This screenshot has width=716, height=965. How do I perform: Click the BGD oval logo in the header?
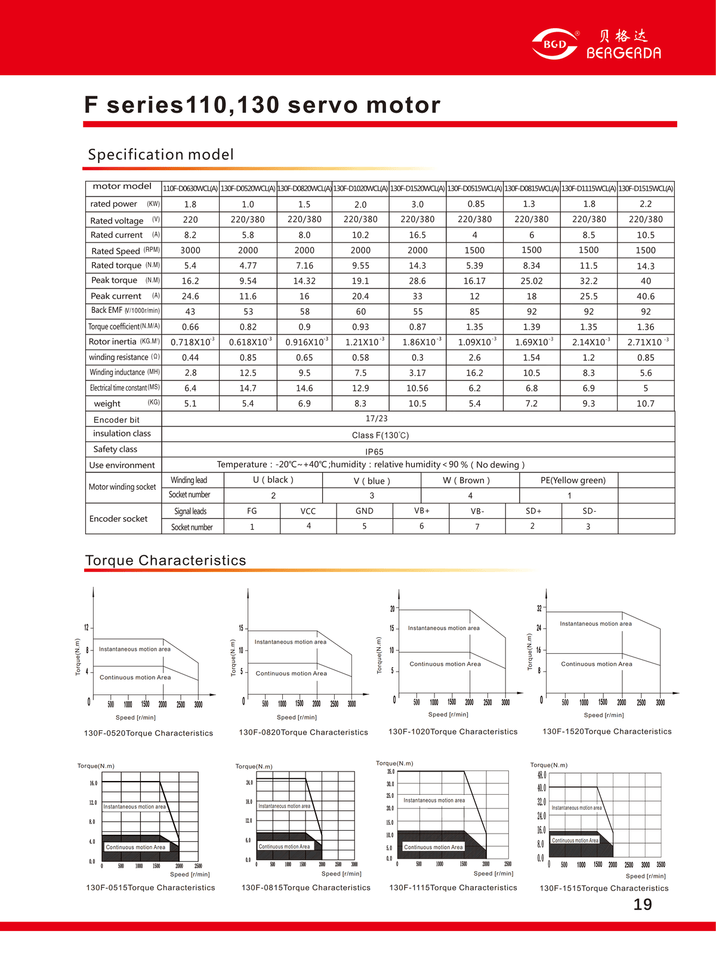pos(554,44)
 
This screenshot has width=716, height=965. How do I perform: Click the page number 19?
pos(642,905)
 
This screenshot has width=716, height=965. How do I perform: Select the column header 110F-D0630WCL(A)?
pos(190,189)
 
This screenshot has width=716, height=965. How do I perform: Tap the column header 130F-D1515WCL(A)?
pos(646,189)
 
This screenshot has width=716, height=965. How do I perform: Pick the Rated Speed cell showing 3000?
pos(190,250)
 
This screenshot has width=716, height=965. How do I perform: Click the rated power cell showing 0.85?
pos(476,204)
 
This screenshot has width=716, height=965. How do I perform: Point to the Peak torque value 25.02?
pos(531,281)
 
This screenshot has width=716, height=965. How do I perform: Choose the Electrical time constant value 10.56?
pos(417,388)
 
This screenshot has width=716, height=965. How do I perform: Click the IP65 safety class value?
pos(374,452)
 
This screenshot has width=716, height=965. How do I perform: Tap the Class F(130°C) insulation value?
pos(380,435)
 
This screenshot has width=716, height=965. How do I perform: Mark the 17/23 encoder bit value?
pos(376,419)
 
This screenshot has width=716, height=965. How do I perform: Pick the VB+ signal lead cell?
pos(422,511)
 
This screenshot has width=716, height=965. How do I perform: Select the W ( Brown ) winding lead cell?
pos(466,480)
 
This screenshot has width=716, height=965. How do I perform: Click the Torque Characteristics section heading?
pos(165,560)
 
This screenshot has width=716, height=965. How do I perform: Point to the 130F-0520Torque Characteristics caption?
pos(148,733)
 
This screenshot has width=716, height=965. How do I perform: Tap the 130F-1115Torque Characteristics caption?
pos(453,888)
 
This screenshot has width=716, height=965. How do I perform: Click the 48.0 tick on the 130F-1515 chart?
pos(541,775)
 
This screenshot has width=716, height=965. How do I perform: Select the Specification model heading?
pos(161,155)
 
